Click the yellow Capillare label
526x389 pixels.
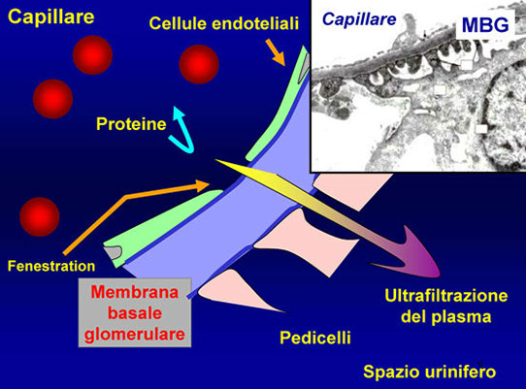(51, 16)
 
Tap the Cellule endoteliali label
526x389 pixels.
(224, 23)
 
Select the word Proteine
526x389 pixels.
(131, 124)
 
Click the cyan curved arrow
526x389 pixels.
(181, 130)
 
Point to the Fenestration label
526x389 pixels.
(51, 266)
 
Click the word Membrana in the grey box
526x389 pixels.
(135, 292)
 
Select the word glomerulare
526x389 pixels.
(135, 335)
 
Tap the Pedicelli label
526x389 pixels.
(315, 338)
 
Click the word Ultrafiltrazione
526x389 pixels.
(446, 296)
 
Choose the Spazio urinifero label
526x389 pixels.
(429, 372)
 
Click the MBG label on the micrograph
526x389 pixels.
(485, 24)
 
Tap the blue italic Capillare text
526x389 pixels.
(359, 19)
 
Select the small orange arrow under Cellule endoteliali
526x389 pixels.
(276, 52)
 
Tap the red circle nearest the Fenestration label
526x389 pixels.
(40, 217)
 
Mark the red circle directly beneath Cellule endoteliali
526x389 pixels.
(199, 64)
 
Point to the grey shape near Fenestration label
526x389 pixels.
(113, 252)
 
